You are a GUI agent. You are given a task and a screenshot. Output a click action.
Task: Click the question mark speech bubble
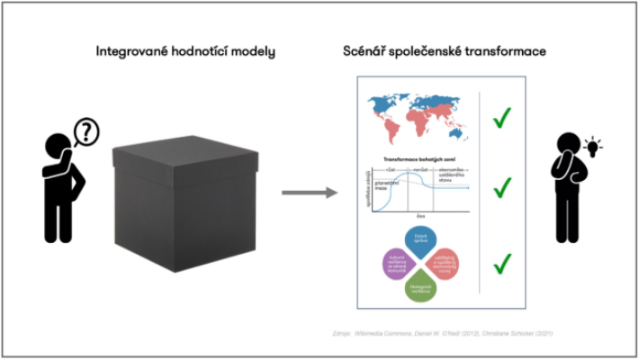pos(85,132)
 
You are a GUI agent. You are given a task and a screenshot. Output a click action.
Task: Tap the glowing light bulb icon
pos(593,145)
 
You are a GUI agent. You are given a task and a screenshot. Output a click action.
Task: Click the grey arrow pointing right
pos(306,192)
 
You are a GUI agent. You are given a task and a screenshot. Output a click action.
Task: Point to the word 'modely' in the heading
pos(250,51)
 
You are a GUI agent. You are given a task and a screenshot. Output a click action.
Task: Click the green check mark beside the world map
pos(502,118)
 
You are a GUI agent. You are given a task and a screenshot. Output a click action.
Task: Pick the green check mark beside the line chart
pos(502,187)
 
